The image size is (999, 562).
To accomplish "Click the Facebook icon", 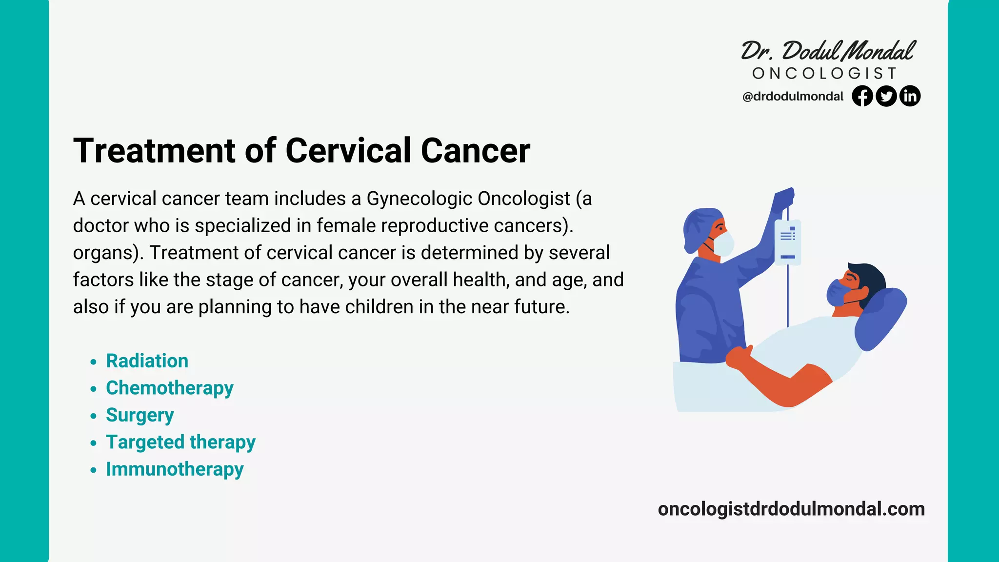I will tap(862, 96).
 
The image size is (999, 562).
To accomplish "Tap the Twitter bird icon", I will tap(886, 96).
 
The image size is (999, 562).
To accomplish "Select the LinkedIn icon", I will tap(910, 96).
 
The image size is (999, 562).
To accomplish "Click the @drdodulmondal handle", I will tap(793, 97).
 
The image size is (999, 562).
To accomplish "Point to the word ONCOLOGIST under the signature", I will tap(824, 74).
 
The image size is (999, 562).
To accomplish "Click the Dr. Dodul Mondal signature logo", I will tap(828, 51).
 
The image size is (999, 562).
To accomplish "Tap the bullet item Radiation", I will tap(147, 361).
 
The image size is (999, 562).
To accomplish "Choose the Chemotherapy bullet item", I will tap(169, 388).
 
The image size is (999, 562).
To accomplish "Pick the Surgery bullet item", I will tap(140, 415).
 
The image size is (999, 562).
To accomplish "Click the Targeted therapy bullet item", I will tap(180, 442).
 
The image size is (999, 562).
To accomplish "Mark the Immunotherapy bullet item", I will tap(175, 469).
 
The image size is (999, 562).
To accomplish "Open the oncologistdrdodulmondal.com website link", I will tap(791, 509).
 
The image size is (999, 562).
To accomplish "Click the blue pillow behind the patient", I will tap(880, 317).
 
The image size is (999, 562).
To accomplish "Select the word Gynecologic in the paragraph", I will tap(420, 199).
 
